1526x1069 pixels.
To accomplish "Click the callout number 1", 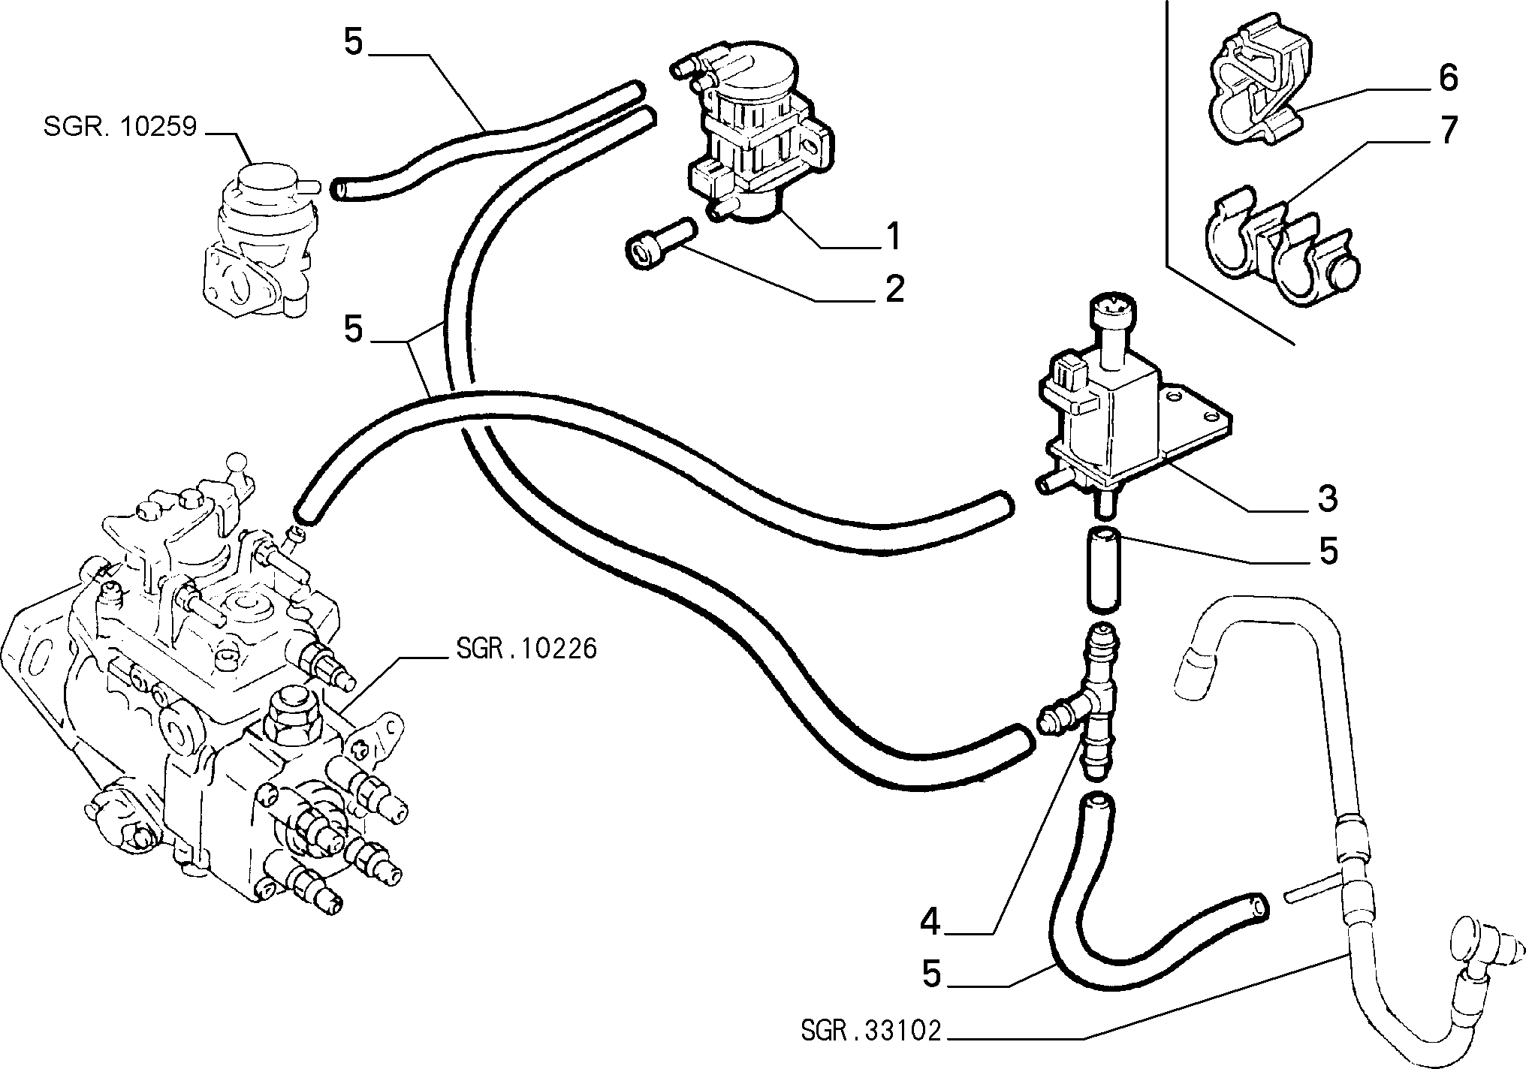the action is [x=892, y=236].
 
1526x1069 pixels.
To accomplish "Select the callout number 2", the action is [x=894, y=289].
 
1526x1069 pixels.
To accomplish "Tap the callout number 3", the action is [x=1327, y=498].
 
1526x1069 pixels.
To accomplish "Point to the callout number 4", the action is [x=931, y=923].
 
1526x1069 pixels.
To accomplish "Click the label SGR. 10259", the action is [x=120, y=126].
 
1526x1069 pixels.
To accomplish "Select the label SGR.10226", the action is [x=526, y=648].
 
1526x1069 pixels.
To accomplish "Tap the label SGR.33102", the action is [x=870, y=1031].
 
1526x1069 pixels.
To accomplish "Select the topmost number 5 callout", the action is [x=354, y=43].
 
